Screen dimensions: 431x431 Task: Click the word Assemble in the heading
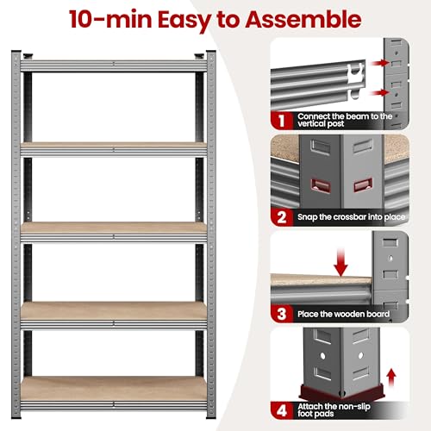[x=303, y=19]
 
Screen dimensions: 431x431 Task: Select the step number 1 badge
[x=281, y=121]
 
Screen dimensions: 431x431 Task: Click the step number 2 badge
[x=282, y=217]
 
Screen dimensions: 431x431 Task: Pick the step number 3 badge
[x=282, y=314]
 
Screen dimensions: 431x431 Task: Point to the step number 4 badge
[x=282, y=410]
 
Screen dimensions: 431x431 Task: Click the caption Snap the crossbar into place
[x=351, y=217]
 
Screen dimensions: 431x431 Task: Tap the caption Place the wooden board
[x=343, y=314]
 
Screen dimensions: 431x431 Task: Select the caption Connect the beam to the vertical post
[x=345, y=120]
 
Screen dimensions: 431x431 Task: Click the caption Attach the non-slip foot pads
[x=334, y=410]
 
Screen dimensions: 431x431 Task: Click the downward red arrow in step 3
[x=340, y=263]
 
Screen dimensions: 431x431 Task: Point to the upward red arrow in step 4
[x=390, y=378]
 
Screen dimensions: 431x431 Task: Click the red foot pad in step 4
[x=341, y=392]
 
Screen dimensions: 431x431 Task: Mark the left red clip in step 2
[x=321, y=185]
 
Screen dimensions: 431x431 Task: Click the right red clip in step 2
[x=363, y=184]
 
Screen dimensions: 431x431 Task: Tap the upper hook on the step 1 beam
[x=355, y=72]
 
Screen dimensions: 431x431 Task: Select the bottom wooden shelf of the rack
[x=114, y=389]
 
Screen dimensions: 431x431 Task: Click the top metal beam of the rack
[x=114, y=66]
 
